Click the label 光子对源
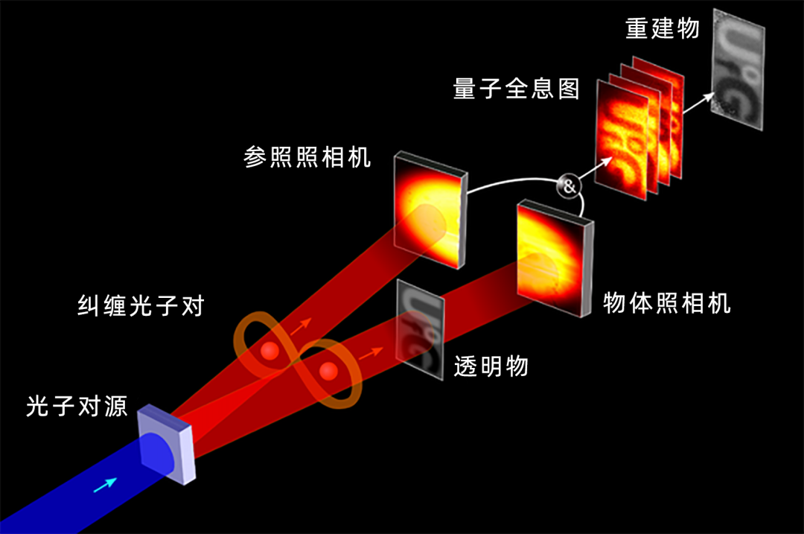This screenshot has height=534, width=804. point(77,407)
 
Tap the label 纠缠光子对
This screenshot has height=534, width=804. point(141,305)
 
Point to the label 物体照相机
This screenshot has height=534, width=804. point(667,303)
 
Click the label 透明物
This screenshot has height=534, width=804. point(491,366)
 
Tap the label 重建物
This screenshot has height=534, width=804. point(663,28)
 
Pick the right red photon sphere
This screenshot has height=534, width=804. point(328,371)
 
